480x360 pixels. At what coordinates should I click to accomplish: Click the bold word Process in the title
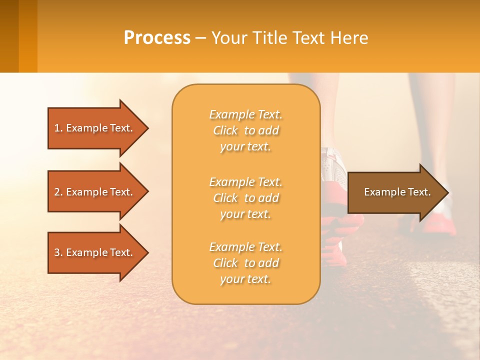157,38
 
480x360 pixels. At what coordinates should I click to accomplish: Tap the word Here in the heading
349,38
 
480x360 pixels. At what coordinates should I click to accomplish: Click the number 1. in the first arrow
58,128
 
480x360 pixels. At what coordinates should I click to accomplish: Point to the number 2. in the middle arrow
58,192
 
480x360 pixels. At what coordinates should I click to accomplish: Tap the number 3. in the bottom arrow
58,252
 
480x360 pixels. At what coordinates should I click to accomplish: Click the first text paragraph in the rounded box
245,130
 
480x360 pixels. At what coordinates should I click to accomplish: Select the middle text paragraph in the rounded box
245,198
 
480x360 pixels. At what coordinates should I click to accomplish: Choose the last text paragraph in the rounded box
245,263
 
